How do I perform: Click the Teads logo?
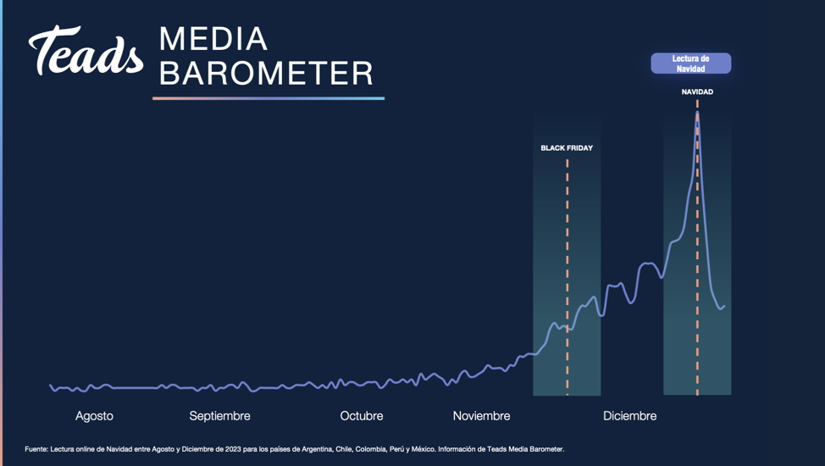tap(86, 51)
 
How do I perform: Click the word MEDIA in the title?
tap(213, 39)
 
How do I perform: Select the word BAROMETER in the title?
tap(266, 73)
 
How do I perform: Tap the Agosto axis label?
tap(94, 416)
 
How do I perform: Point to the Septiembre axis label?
tap(219, 416)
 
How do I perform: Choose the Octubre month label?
tap(362, 416)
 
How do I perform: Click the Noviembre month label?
tap(481, 416)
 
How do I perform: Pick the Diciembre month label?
tap(630, 416)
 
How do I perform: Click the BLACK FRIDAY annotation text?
tap(567, 148)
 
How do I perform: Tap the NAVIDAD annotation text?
tap(697, 92)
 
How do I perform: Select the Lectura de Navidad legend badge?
tap(691, 64)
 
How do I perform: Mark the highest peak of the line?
tap(697, 112)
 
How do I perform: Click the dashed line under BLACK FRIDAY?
tap(568, 277)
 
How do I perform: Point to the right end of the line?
tap(724, 305)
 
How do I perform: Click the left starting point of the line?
tap(51, 386)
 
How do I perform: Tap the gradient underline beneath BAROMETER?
tap(269, 98)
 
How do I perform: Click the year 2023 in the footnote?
tap(233, 449)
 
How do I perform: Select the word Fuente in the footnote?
tap(36, 449)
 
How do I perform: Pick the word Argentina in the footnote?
tap(317, 449)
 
